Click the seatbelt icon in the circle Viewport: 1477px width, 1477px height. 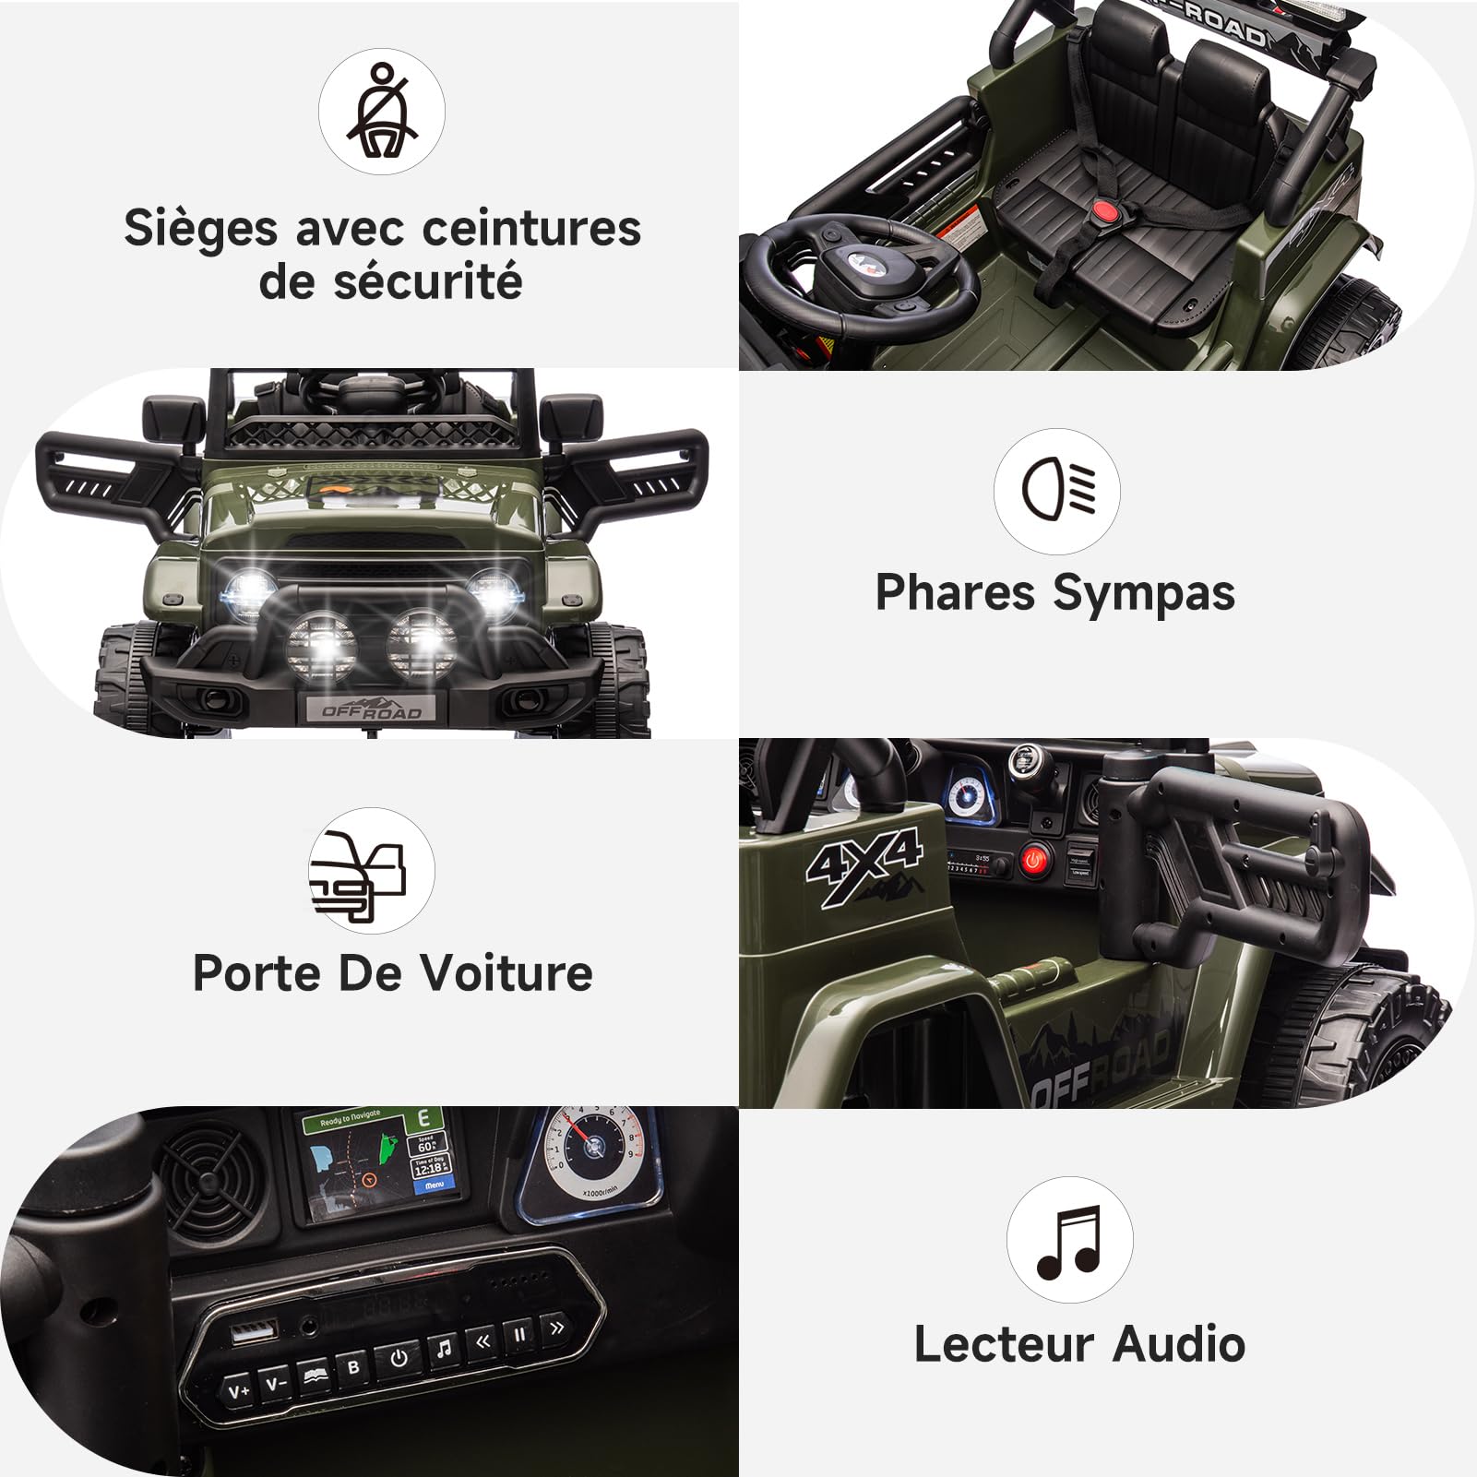pos(382,112)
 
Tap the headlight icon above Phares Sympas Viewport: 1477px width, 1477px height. pos(1057,491)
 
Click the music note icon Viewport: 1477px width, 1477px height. pos(1069,1240)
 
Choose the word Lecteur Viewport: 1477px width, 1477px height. pos(1005,1344)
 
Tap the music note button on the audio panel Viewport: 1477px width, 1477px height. pos(443,1350)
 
